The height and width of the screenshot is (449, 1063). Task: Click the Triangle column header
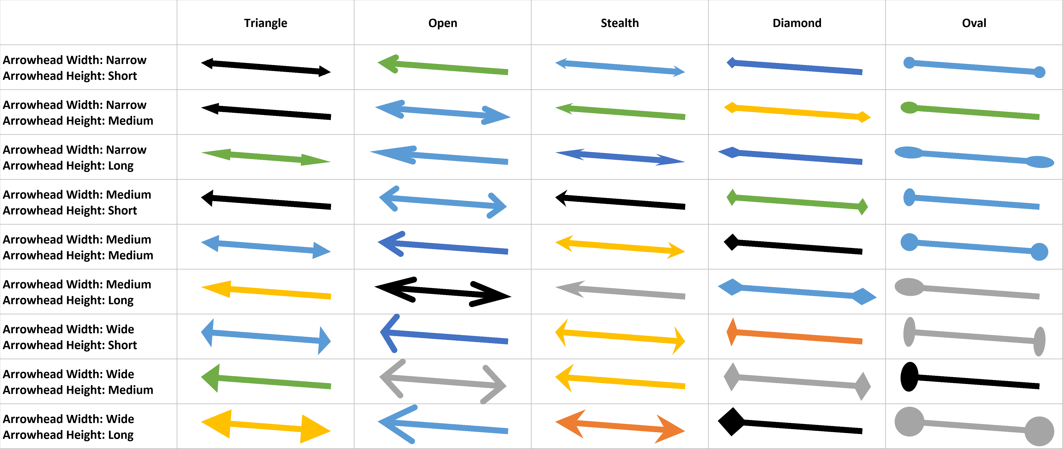coord(265,23)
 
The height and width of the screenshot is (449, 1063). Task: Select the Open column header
coord(442,23)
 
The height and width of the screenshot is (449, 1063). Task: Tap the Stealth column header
coord(619,23)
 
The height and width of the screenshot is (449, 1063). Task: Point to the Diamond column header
coord(797,23)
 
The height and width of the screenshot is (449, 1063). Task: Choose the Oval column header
coord(974,23)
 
